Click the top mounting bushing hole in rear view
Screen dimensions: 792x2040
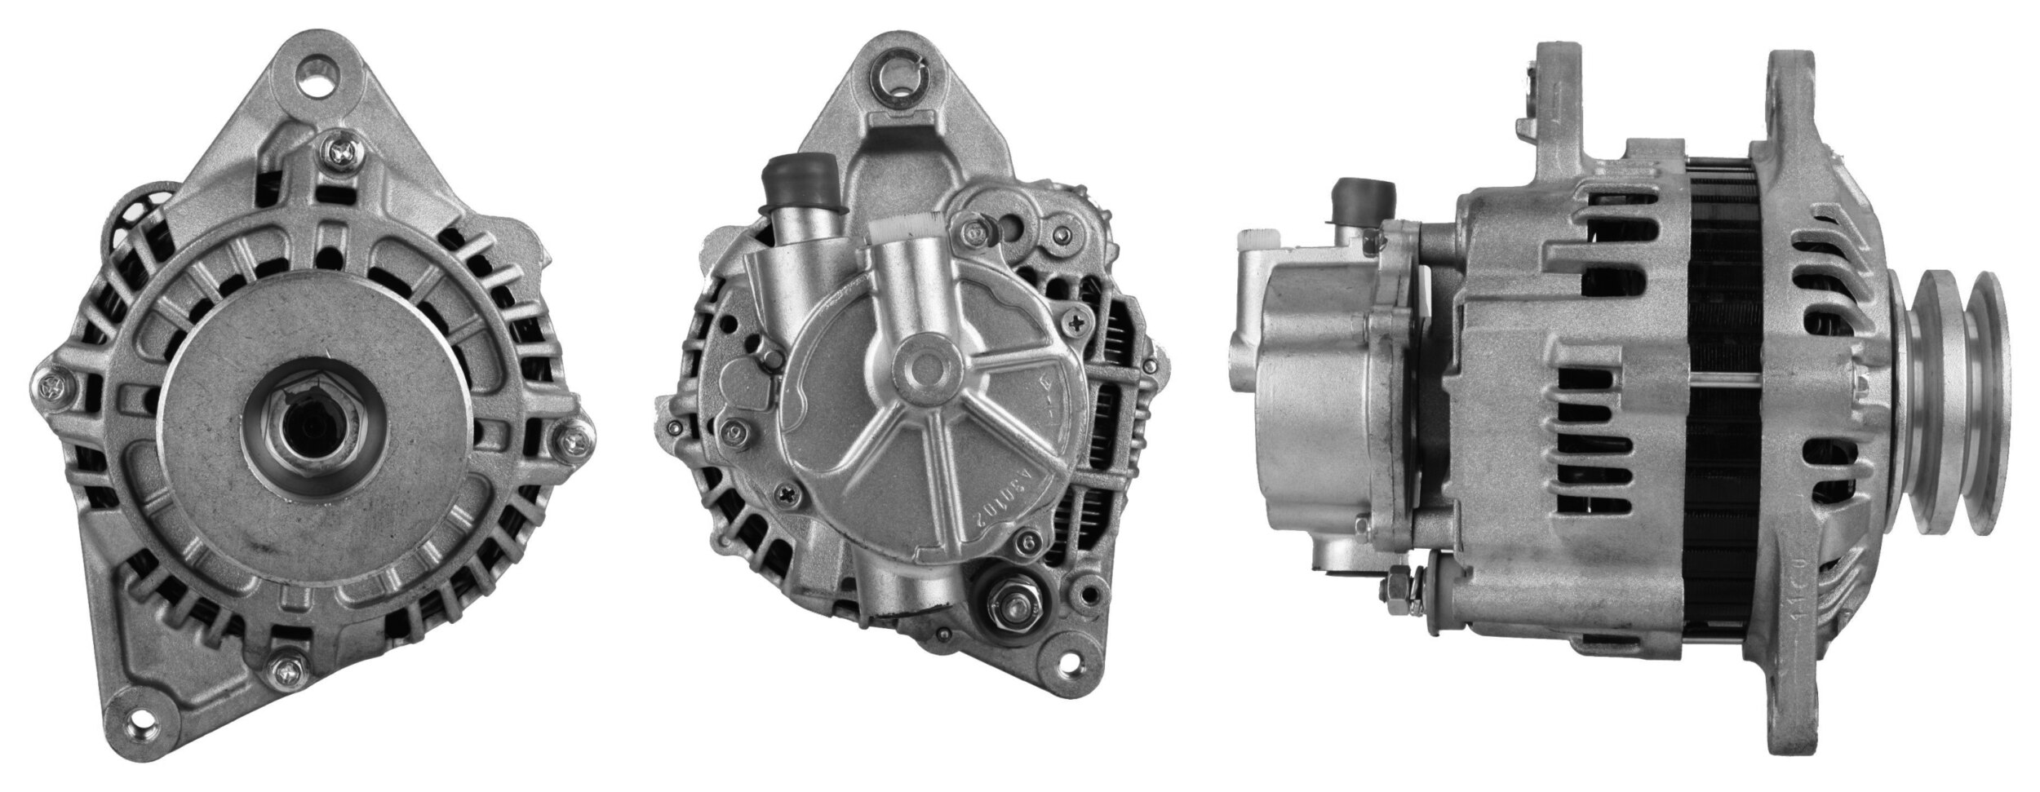pyautogui.click(x=899, y=80)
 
